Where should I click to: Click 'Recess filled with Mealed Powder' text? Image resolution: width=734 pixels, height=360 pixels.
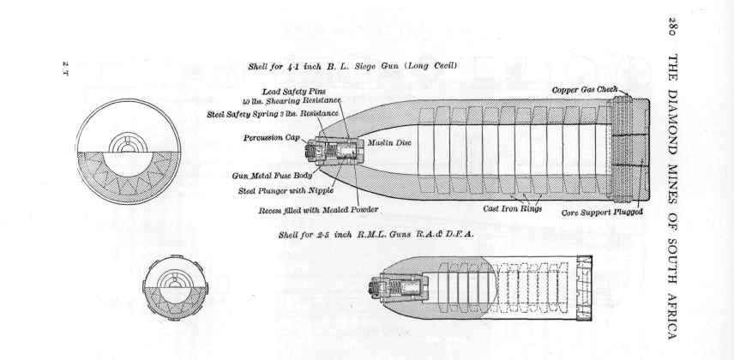318,210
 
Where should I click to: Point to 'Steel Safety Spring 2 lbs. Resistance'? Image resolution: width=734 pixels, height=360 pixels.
274,113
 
